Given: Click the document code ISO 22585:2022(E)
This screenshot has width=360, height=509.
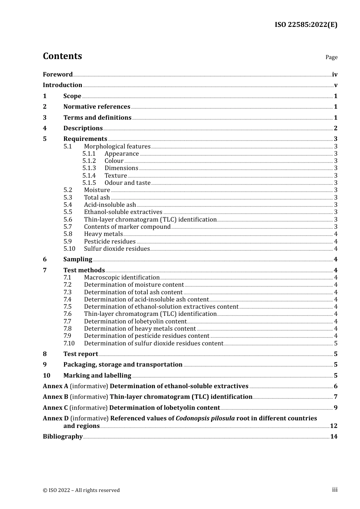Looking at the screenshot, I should pyautogui.click(x=306, y=25).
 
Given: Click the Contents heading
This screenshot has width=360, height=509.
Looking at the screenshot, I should pyautogui.click(x=62, y=56).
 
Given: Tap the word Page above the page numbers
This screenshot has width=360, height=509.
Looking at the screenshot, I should pyautogui.click(x=331, y=57).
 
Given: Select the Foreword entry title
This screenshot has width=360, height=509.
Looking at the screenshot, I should pyautogui.click(x=58, y=75).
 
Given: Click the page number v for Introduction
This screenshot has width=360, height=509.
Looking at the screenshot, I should pyautogui.click(x=335, y=85).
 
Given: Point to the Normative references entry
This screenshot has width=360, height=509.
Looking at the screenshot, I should pyautogui.click(x=97, y=107).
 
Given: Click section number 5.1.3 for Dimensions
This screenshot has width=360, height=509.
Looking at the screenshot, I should pyautogui.click(x=89, y=168).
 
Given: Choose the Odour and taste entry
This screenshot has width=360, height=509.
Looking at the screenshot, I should pyautogui.click(x=127, y=183).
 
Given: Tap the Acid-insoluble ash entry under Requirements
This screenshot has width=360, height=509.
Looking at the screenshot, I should pyautogui.click(x=110, y=205).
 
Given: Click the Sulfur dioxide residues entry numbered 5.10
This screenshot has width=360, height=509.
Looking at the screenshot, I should pyautogui.click(x=117, y=249).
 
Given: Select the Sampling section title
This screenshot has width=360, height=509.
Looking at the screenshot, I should pyautogui.click(x=78, y=259).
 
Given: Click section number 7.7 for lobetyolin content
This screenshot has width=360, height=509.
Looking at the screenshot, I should pyautogui.click(x=67, y=322).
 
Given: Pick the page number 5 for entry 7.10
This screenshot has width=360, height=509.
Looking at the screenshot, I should pyautogui.click(x=335, y=343).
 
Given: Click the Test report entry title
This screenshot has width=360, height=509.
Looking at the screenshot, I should pyautogui.click(x=81, y=354).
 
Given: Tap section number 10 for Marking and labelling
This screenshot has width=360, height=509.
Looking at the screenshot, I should pyautogui.click(x=47, y=376).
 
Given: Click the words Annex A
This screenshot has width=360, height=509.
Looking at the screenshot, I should pyautogui.click(x=55, y=386).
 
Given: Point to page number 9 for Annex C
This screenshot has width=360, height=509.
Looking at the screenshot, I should pyautogui.click(x=335, y=408).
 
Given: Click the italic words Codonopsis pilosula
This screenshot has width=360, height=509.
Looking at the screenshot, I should pyautogui.click(x=205, y=418).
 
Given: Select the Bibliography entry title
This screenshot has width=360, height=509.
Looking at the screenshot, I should pyautogui.click(x=63, y=437).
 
